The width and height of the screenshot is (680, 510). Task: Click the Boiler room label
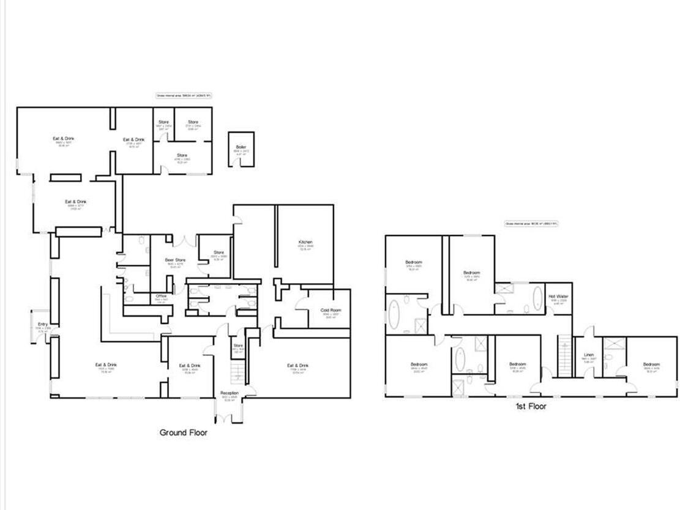coord(241,147)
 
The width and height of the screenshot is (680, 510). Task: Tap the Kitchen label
coord(305,242)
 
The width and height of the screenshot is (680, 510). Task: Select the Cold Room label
coord(330,310)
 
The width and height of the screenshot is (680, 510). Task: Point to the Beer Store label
coord(175,261)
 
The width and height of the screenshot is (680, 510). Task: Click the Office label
coord(162,296)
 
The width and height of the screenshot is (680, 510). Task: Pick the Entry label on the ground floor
coord(42,324)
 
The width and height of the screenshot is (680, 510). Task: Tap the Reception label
coord(230,393)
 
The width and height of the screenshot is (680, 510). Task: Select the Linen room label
coord(589,355)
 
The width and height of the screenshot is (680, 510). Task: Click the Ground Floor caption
coord(183,432)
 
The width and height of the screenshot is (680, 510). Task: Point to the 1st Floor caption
coord(531,406)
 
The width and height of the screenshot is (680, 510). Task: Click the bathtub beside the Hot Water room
coord(537,299)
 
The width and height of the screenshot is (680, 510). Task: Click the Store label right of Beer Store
coord(219,253)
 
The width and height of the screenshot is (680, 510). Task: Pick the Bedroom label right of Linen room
coord(651,365)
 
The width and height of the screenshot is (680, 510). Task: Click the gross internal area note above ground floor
coord(183,95)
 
